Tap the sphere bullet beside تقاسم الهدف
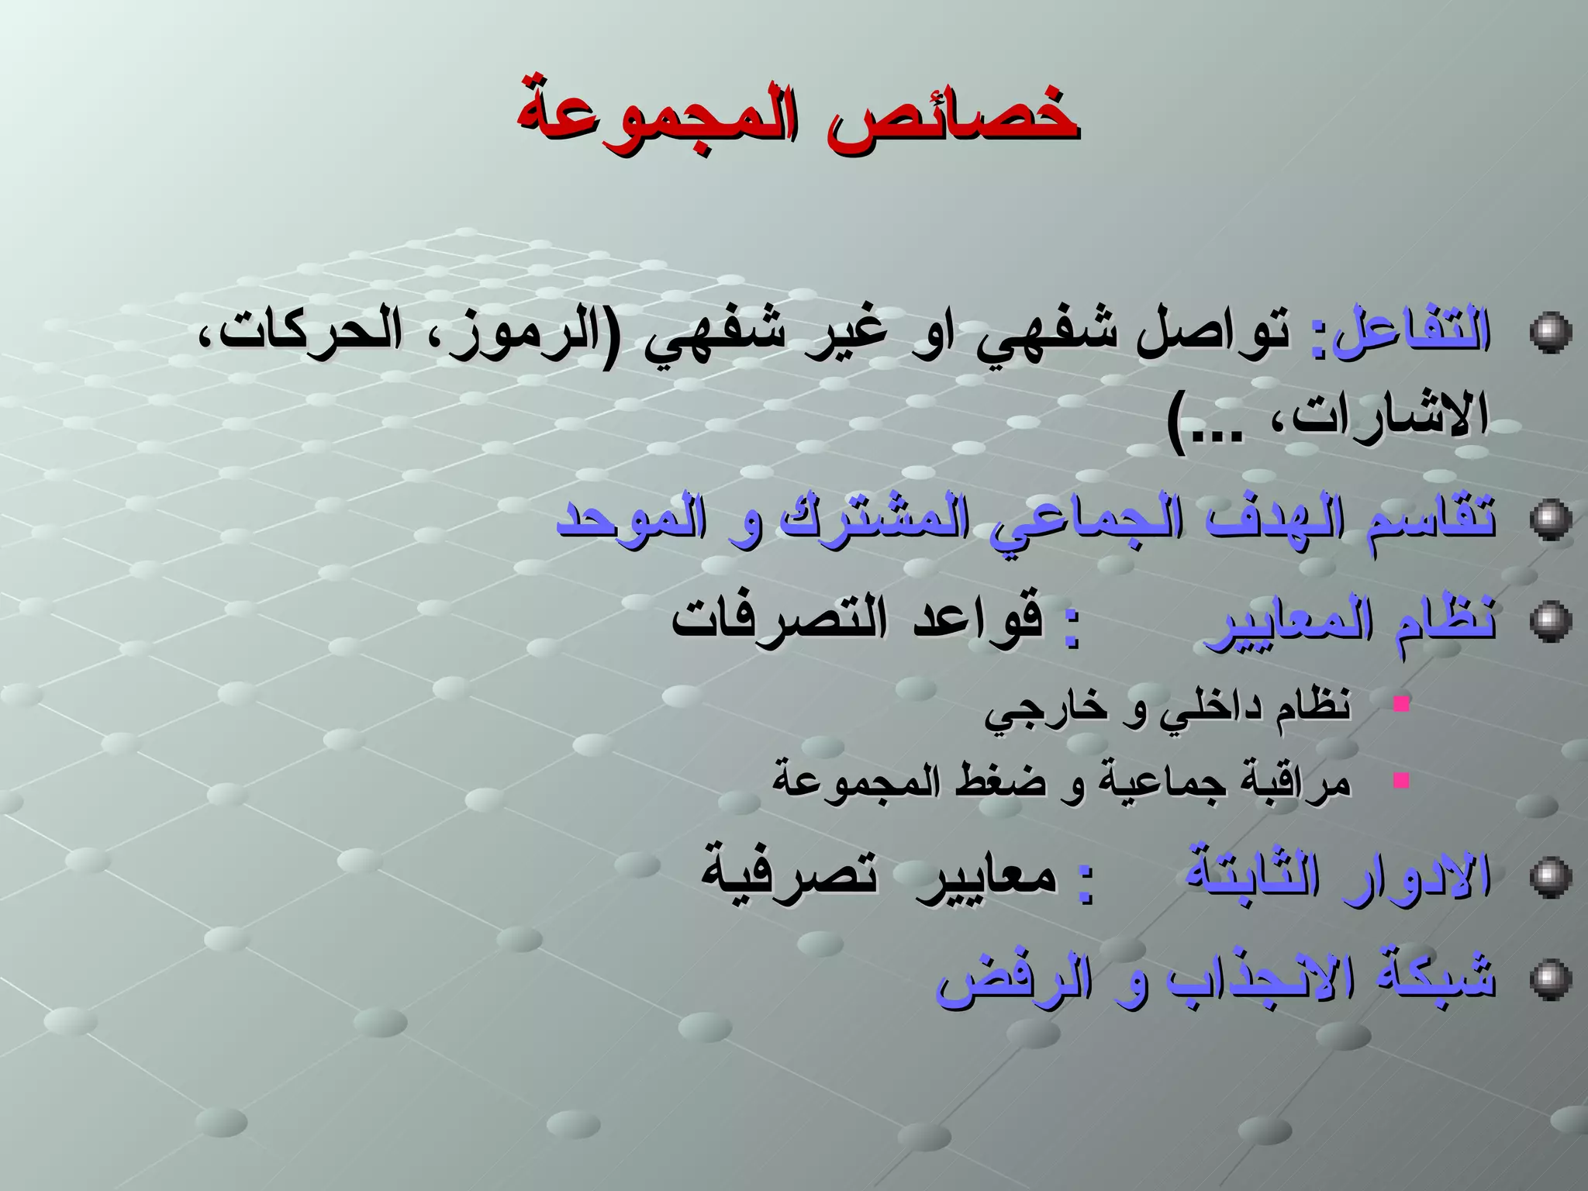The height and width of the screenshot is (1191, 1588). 1550,519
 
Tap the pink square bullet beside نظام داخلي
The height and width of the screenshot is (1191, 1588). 1400,704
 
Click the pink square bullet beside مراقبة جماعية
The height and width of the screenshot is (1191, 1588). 1400,779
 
